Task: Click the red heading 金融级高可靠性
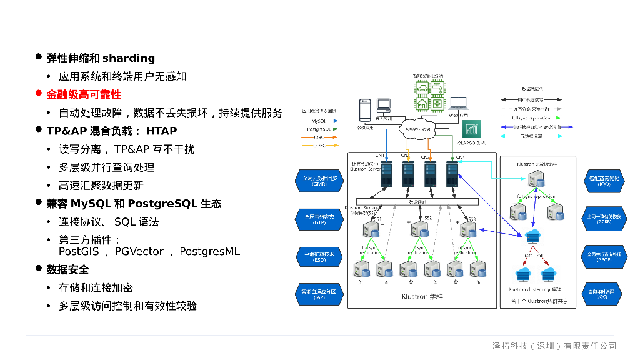pyautogui.click(x=84, y=94)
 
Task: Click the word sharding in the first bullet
pyautogui.click(x=129, y=58)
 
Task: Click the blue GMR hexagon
pyautogui.click(x=319, y=181)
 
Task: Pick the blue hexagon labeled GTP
pyautogui.click(x=319, y=219)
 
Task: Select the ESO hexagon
pyautogui.click(x=319, y=257)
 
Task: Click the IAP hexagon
pyautogui.click(x=319, y=294)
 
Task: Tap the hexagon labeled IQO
pyautogui.click(x=604, y=181)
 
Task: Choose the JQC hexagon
pyautogui.click(x=604, y=294)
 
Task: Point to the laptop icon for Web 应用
pyautogui.click(x=459, y=104)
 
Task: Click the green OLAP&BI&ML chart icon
pyautogui.click(x=472, y=129)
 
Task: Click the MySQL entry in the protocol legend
pyautogui.click(x=319, y=120)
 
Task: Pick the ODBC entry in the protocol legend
pyautogui.click(x=319, y=145)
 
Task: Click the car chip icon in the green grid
pyautogui.click(x=422, y=88)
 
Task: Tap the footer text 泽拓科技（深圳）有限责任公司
pyautogui.click(x=554, y=346)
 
